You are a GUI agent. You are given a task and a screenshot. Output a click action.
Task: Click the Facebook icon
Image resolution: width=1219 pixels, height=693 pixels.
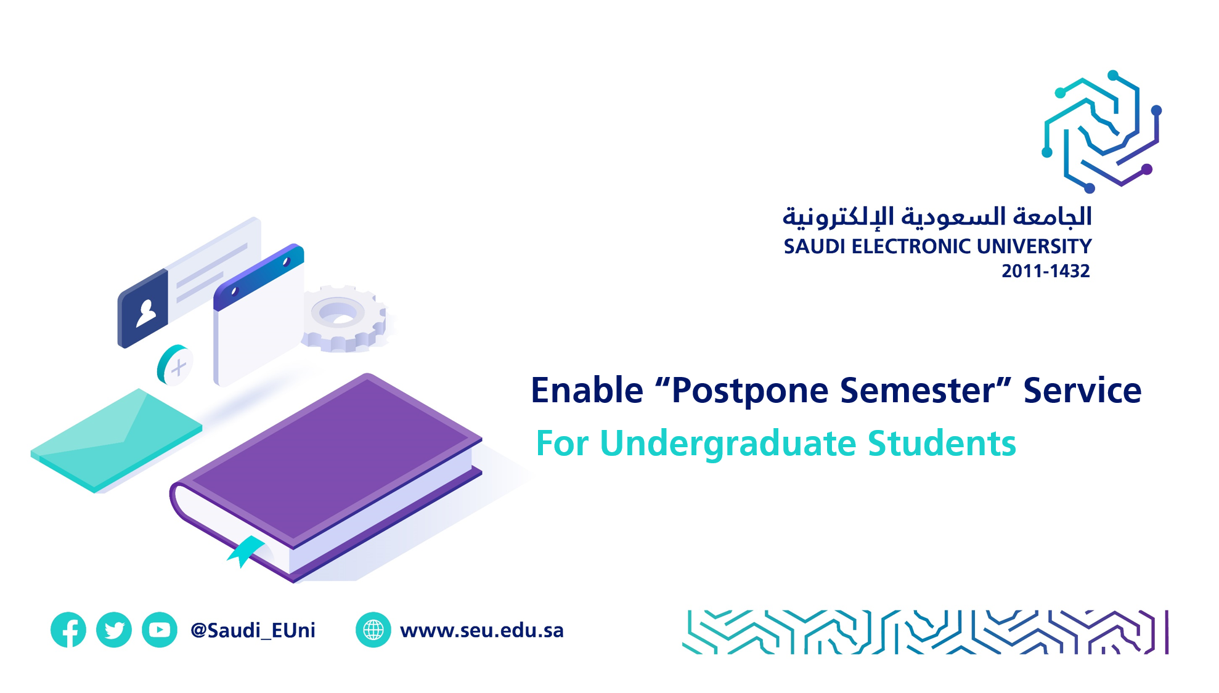[68, 630]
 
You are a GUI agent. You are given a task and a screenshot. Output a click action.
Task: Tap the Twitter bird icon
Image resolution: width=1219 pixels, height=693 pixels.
[114, 630]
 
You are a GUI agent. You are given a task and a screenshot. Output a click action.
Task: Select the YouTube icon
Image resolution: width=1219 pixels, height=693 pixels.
[160, 630]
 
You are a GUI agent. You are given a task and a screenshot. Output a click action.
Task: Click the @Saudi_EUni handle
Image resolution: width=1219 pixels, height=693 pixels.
[253, 630]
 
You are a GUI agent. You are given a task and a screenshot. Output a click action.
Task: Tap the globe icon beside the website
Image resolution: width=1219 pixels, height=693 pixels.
[373, 630]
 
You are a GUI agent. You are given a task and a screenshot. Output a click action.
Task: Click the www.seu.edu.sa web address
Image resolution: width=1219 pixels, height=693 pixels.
[482, 630]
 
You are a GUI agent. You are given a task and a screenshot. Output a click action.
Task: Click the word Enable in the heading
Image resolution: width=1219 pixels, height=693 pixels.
[587, 391]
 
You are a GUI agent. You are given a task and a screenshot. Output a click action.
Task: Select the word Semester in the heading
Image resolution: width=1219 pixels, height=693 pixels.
[917, 391]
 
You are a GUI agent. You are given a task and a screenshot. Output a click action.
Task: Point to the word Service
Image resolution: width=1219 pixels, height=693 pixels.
[1082, 391]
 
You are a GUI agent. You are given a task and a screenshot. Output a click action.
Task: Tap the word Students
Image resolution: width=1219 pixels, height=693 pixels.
[942, 444]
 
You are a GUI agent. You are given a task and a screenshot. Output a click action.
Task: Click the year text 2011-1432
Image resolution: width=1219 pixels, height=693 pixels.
[1046, 271]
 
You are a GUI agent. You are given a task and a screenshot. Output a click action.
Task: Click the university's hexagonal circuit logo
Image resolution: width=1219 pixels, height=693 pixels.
[1101, 131]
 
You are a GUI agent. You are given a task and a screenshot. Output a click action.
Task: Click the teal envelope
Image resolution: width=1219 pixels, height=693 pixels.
[116, 440]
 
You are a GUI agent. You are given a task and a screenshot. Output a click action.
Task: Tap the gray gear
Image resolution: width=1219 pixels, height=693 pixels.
[344, 318]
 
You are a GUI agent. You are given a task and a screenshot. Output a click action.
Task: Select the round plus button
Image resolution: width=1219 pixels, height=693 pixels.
[175, 365]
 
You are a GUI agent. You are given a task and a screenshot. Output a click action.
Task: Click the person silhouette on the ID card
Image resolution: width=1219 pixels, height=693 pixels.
[146, 313]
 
